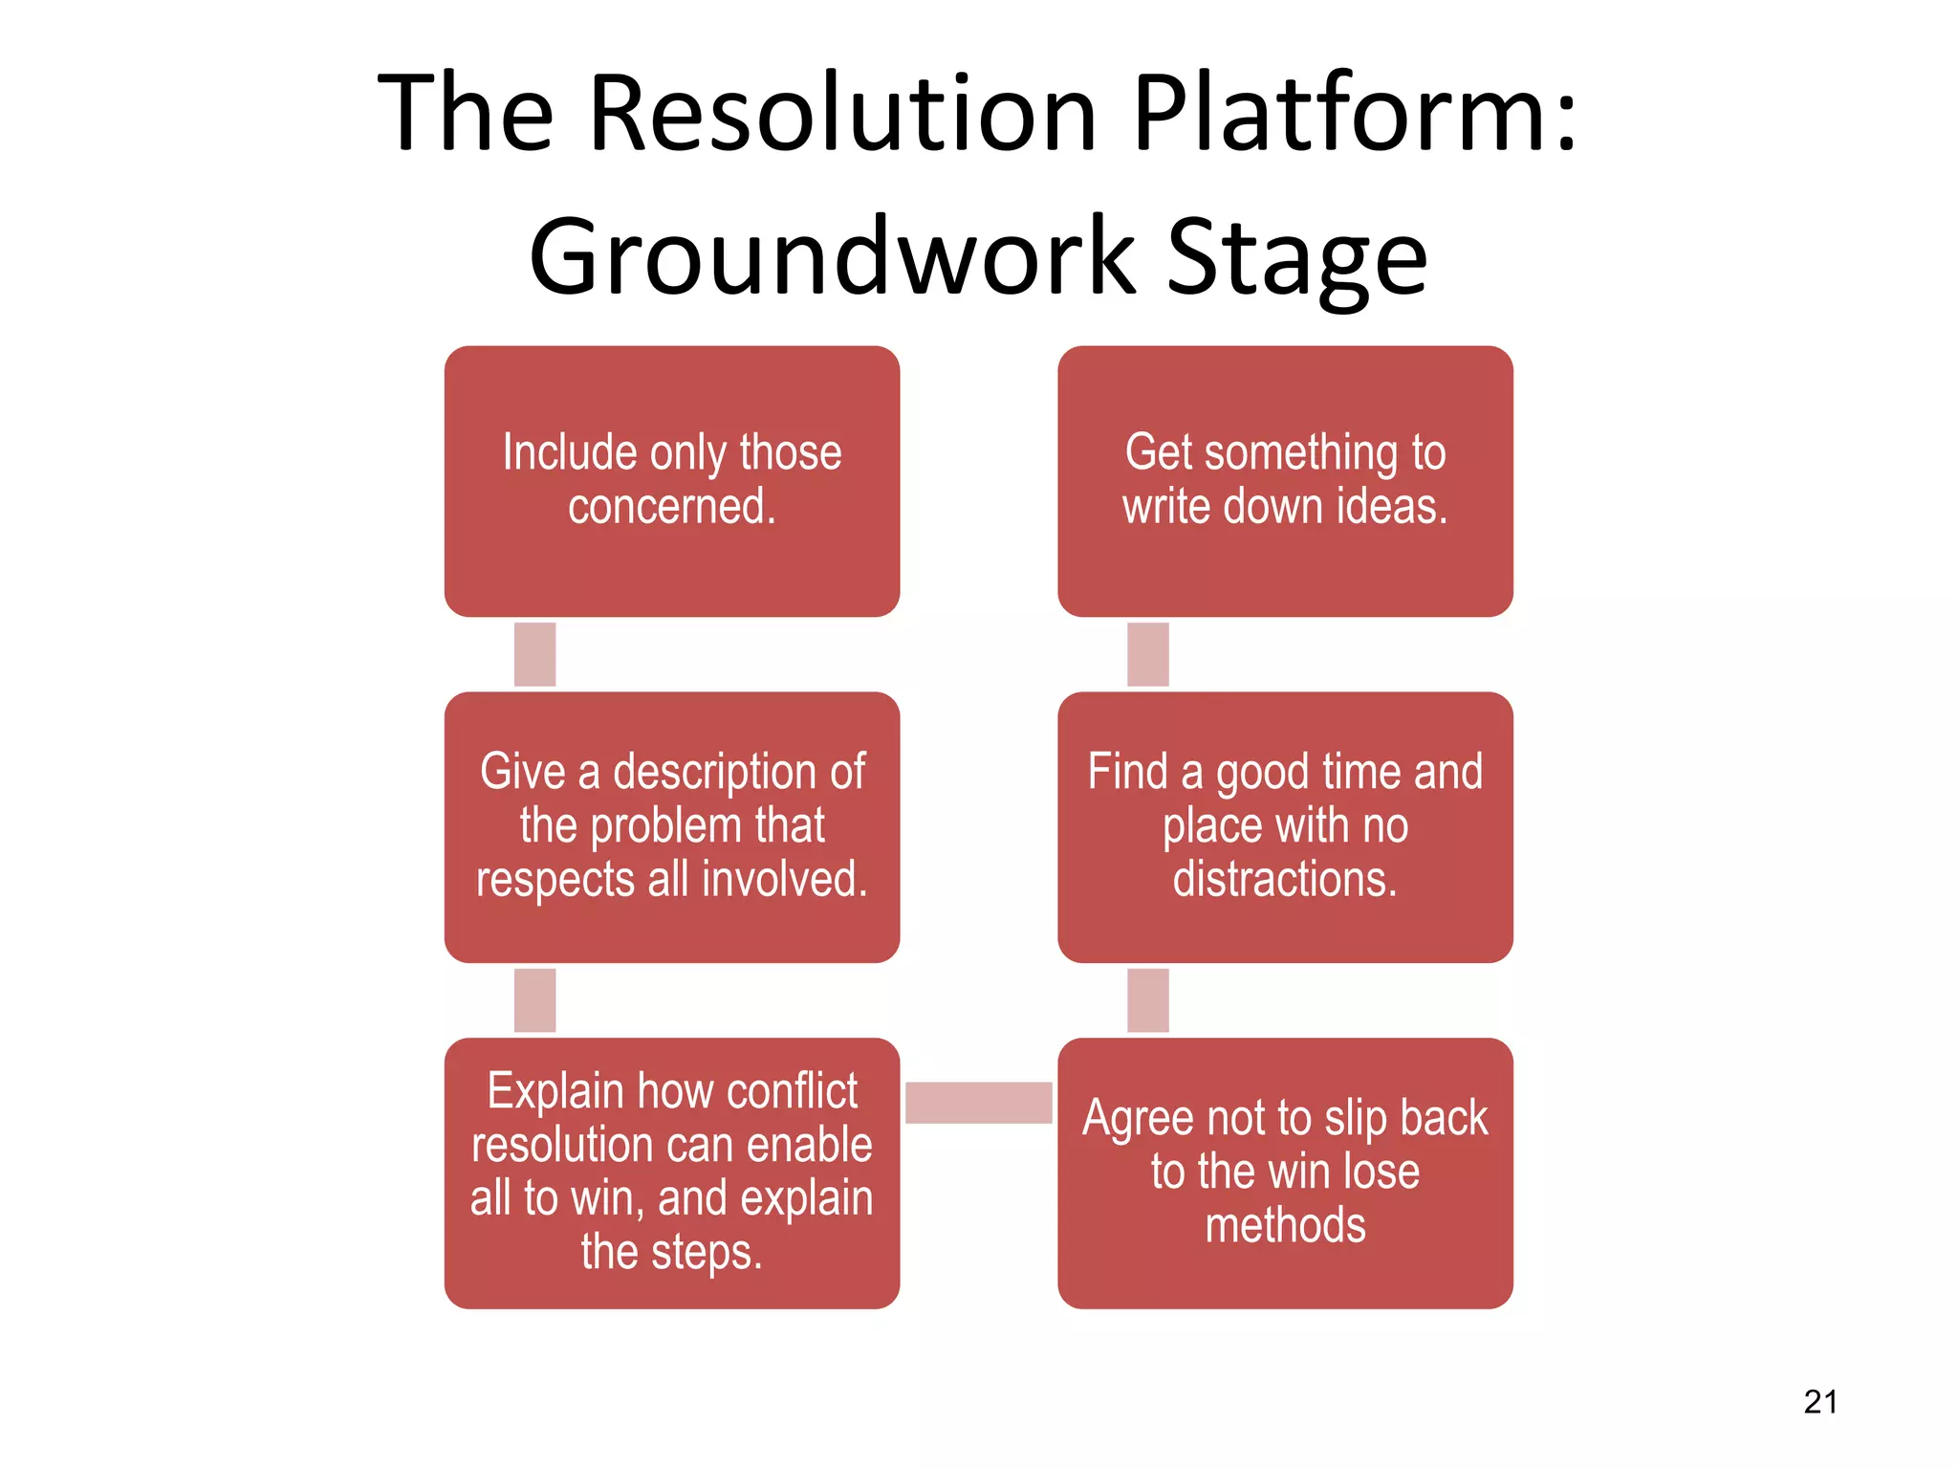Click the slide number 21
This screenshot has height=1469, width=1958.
click(1819, 1402)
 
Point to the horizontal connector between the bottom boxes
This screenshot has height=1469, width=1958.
click(978, 1102)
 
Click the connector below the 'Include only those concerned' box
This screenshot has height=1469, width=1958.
click(534, 654)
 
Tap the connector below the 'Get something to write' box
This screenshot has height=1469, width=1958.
click(1147, 654)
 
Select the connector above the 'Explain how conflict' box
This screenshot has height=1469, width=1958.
click(534, 1000)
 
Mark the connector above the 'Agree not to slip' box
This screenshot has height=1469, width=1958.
click(1147, 1000)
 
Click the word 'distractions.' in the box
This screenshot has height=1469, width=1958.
click(1285, 879)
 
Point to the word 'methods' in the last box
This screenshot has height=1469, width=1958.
click(1285, 1225)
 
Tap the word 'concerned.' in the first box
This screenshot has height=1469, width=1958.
click(672, 507)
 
